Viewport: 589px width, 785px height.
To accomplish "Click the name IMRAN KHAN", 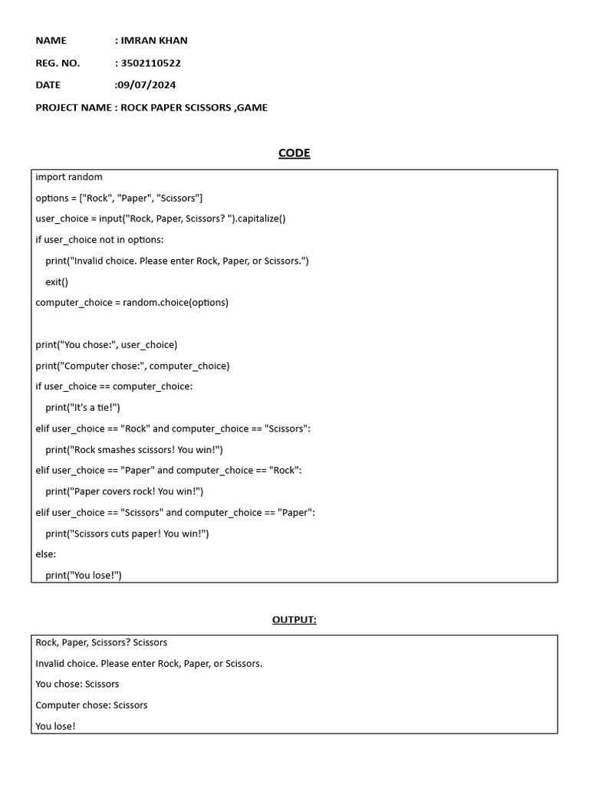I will point(154,41).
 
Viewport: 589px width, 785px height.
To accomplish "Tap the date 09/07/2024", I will point(146,85).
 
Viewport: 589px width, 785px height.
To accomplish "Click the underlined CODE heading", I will point(294,153).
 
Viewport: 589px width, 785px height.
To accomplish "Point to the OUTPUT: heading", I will point(294,619).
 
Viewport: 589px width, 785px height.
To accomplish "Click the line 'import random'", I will point(69,177).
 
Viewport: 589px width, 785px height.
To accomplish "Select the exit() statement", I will point(57,282).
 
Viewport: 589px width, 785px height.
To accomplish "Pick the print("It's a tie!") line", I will point(83,408).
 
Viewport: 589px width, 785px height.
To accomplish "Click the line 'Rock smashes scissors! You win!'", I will point(134,450).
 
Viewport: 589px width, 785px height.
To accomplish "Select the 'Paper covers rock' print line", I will point(124,491).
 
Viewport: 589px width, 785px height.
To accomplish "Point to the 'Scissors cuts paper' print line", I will point(127,534).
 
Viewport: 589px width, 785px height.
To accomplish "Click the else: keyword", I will point(46,554).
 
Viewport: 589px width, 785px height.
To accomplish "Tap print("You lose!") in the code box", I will point(84,575).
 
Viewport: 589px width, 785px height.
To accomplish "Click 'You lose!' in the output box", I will point(56,726).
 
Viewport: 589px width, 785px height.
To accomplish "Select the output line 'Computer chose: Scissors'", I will point(92,705).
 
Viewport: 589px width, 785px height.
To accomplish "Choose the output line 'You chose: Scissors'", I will point(77,684).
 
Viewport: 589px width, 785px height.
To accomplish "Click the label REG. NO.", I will point(58,63).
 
